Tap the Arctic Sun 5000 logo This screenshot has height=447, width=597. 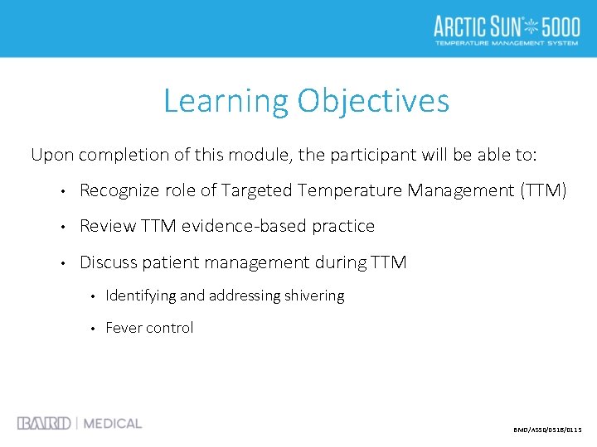[507, 29]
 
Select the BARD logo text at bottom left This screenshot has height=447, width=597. [44, 423]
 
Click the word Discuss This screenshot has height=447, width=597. [109, 262]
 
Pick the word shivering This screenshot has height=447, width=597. [314, 296]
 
